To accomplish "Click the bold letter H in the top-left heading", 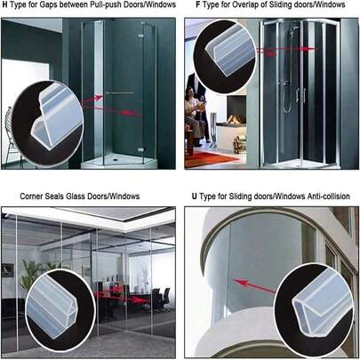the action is (x=4, y=4).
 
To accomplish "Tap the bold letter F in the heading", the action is (x=197, y=4).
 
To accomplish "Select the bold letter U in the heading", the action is (x=194, y=196).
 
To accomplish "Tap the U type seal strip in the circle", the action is (x=319, y=302).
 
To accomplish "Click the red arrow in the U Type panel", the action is (x=254, y=285).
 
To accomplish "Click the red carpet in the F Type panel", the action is (x=211, y=158).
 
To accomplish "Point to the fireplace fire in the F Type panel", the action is (x=234, y=119).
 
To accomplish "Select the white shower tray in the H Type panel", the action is (x=118, y=163).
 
